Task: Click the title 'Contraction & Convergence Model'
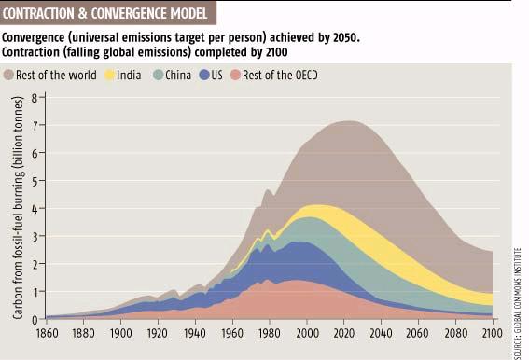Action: (x=110, y=12)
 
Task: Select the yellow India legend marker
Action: (x=110, y=75)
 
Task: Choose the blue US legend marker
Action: (x=204, y=75)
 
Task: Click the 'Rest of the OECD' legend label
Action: (x=276, y=75)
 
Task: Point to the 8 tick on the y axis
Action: (x=34, y=98)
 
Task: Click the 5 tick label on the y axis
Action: (x=34, y=181)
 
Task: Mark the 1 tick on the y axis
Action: (x=34, y=291)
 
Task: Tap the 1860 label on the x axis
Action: (x=46, y=331)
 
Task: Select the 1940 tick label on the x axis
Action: (x=195, y=331)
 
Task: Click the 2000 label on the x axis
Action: (x=307, y=331)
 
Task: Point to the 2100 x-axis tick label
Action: (x=494, y=331)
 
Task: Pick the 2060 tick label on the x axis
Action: (x=419, y=331)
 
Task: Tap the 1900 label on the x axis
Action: (x=120, y=331)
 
